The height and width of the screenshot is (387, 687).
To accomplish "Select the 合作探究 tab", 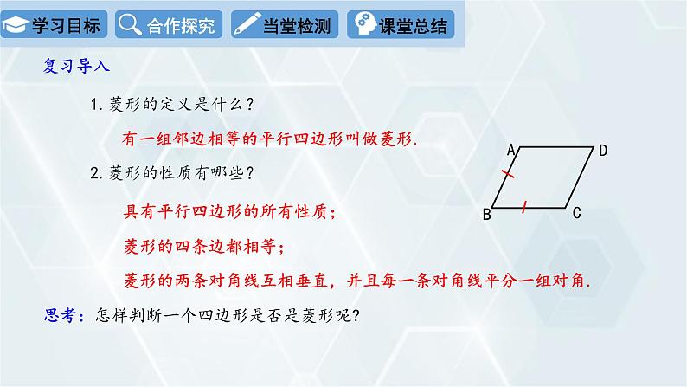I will click(169, 24).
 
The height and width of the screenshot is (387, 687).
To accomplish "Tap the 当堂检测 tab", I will click(285, 24).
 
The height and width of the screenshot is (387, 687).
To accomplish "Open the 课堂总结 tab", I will click(401, 24).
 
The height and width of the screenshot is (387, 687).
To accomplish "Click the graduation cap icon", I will click(16, 25).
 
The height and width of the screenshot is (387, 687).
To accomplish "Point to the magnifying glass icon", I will click(129, 24).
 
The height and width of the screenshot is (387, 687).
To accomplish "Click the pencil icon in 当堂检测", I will click(246, 24).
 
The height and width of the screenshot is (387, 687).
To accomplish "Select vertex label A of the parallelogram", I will click(511, 150).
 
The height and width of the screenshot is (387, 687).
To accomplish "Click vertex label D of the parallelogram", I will click(603, 151).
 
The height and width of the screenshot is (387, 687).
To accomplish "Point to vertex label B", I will click(486, 215).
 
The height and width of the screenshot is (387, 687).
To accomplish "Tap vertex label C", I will click(575, 214).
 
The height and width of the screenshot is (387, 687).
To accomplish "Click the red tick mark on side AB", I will click(509, 177).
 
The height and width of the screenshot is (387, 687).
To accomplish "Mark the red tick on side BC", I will click(525, 206).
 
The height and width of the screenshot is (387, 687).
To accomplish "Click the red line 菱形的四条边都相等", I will click(200, 246).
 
